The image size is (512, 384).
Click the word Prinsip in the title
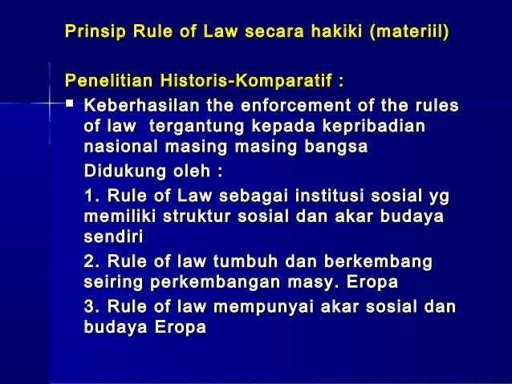click(x=91, y=33)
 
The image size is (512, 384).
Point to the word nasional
click(x=116, y=148)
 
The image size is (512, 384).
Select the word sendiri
click(x=112, y=238)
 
